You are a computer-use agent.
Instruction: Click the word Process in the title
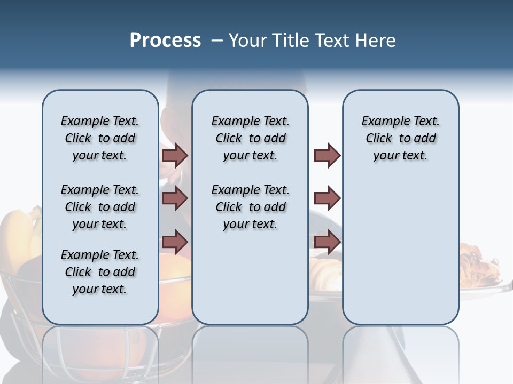[165, 41]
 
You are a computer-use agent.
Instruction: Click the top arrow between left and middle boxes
[175, 155]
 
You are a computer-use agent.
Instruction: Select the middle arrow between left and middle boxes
[175, 198]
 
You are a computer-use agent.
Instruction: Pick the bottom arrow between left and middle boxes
[175, 242]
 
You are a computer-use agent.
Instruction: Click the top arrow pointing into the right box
[327, 155]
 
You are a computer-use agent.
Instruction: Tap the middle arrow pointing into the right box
[327, 198]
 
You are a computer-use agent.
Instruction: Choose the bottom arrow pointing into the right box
[327, 242]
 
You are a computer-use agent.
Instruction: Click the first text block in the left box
[100, 138]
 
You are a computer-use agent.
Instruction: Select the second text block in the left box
[100, 207]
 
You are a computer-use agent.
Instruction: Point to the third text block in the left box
[100, 272]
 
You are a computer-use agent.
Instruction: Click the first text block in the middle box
[250, 138]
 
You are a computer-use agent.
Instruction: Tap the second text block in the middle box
[250, 207]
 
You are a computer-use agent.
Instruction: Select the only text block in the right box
[400, 138]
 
